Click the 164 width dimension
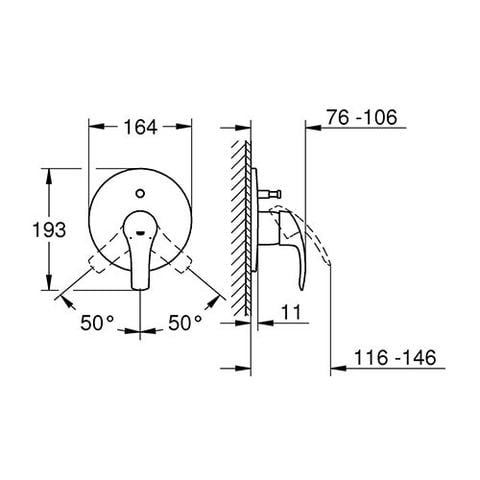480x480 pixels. click(x=140, y=127)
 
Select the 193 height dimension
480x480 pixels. click(x=49, y=230)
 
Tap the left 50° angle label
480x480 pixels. click(x=97, y=322)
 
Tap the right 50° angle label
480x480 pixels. click(x=185, y=322)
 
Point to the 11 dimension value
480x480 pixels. click(x=291, y=312)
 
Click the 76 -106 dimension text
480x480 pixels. click(x=362, y=117)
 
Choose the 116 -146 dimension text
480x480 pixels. click(x=395, y=358)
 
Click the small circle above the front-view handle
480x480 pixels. click(x=140, y=193)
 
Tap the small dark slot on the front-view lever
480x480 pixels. click(x=141, y=232)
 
